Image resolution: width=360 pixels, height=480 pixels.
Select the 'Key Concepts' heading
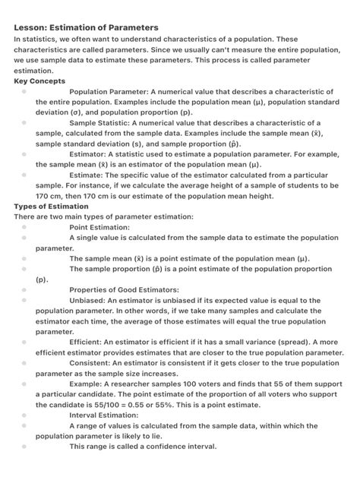pos(39,81)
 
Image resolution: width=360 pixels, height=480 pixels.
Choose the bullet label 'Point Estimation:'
pos(100,226)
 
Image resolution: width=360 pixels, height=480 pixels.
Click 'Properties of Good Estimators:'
pos(124,289)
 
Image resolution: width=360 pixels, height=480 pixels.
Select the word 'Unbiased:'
pos(88,300)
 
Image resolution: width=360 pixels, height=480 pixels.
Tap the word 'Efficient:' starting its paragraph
pos(85,342)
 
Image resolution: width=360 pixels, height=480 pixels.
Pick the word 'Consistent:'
pos(90,363)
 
